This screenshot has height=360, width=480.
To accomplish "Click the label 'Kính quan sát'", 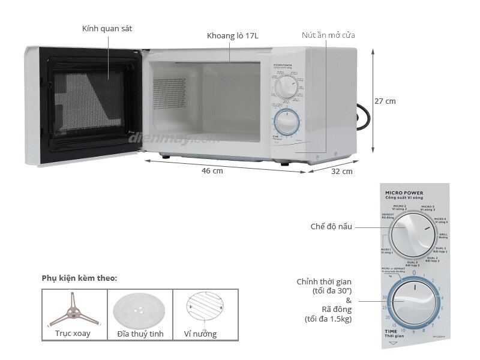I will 107,29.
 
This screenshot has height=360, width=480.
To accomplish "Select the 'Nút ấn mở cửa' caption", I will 328,35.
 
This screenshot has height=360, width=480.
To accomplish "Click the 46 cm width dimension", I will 212,171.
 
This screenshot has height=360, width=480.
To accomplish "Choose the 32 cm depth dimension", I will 342,171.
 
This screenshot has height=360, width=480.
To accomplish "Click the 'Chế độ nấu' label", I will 331,227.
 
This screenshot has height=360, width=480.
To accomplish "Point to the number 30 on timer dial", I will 383,298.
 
